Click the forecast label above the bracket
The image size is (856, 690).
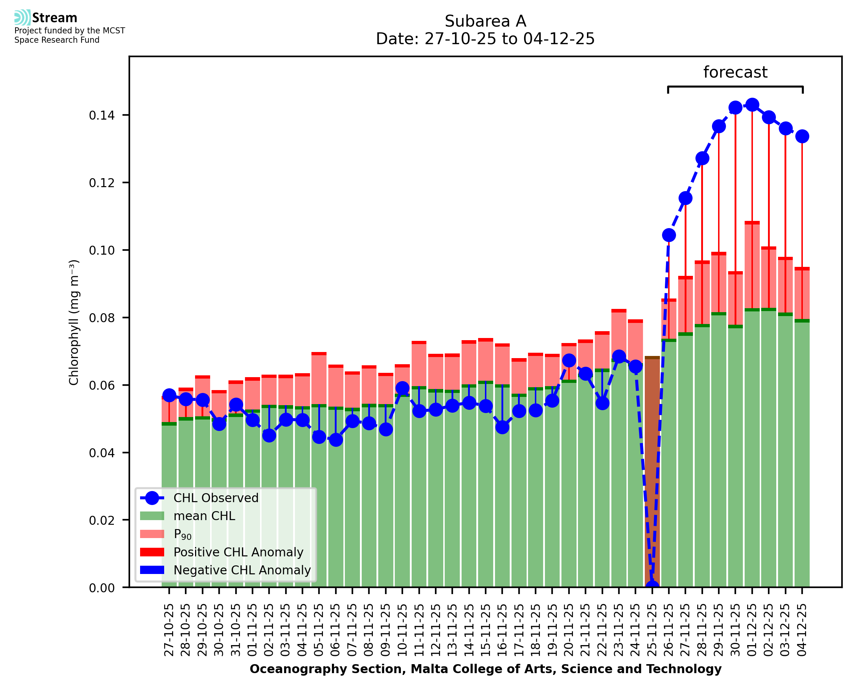point(735,72)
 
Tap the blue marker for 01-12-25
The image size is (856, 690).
point(751,105)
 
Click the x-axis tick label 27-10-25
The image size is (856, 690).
point(169,630)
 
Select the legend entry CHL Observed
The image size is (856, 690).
point(216,498)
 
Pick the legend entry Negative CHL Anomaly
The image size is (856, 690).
point(242,570)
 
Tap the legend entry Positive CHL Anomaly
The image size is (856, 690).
point(238,552)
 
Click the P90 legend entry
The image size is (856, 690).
point(182,534)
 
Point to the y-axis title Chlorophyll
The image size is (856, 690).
point(74,322)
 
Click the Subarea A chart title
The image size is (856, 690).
point(485,21)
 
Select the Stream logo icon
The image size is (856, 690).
point(22,18)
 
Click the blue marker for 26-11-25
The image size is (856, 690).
point(668,235)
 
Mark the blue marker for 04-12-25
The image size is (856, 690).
point(802,136)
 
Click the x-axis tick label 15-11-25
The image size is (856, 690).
point(485,630)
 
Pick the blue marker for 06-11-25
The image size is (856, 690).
point(336,440)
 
